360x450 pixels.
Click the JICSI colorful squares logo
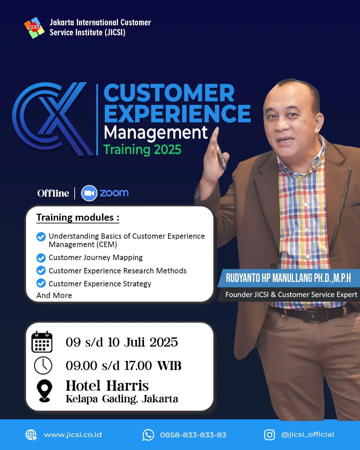pos(34,28)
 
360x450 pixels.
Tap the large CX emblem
pos(52,119)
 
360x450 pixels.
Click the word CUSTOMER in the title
pos(169,93)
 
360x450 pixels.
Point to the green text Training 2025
pos(142,150)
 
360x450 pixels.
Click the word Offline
pos(53,193)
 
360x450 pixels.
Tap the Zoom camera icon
pos(89,193)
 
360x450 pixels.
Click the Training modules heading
pos(78,217)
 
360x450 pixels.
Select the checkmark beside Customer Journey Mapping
pos(41,258)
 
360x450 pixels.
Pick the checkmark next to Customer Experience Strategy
pos(41,283)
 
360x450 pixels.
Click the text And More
pos(54,295)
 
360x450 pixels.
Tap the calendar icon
pos(42,342)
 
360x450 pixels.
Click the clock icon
pos(43,366)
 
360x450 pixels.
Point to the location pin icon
pos(44,391)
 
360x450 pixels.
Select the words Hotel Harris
pos(107,386)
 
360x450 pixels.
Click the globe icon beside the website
pos(31,435)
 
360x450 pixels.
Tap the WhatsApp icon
pos(148,435)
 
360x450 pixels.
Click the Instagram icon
pos(269,435)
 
